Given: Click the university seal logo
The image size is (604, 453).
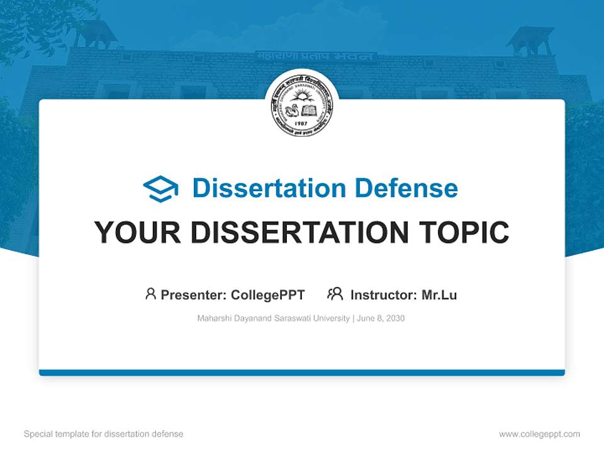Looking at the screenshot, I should pos(302,107).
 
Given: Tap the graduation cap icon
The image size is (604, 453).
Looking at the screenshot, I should pos(160,189).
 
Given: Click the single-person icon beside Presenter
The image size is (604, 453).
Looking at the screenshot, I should pos(150,294).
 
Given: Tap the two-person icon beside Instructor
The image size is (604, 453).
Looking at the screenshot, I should pos(335,294).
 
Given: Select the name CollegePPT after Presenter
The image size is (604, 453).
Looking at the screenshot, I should pos(268,295).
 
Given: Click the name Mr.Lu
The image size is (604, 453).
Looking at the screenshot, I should pos(439,295).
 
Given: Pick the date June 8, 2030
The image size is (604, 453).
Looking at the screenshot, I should pos(381,318).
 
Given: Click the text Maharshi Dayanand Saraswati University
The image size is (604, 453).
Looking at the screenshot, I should pos(273,318).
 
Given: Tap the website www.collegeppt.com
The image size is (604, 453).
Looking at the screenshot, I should pos(539,434).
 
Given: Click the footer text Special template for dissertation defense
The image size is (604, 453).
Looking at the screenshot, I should pos(104,434).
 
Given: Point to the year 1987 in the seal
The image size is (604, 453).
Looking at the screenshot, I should pos(302,124).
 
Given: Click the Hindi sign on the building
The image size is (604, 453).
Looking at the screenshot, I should pos(316,57).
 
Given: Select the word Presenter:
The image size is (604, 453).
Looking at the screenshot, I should pos(194,295).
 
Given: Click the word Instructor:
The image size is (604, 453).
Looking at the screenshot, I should pos(384,295).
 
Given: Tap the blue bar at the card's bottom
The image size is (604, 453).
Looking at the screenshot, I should pos(302,372).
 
